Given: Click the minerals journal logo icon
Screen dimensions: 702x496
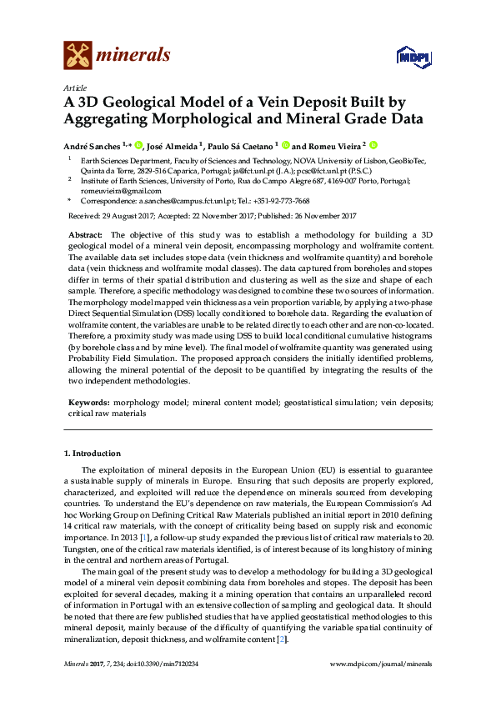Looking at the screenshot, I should click(78, 55).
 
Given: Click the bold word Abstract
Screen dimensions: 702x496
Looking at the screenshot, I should click(85, 235).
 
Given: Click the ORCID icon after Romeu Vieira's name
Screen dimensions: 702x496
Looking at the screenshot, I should click(374, 143).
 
